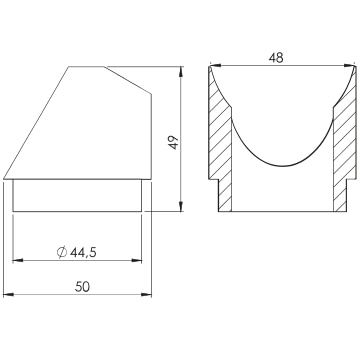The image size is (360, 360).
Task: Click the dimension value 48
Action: (276, 58)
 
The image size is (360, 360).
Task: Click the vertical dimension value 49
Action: (174, 143)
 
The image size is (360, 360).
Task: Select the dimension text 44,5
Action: (83, 253)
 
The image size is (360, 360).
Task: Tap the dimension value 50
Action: (82, 287)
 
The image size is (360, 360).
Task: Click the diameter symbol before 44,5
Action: (62, 253)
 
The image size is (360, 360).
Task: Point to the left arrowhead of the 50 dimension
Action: (8, 294)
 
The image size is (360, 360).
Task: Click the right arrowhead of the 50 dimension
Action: (146, 294)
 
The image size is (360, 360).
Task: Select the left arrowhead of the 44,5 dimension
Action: (18, 260)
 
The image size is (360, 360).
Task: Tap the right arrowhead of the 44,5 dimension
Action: (136, 260)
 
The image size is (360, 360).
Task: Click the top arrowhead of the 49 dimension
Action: (181, 72)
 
